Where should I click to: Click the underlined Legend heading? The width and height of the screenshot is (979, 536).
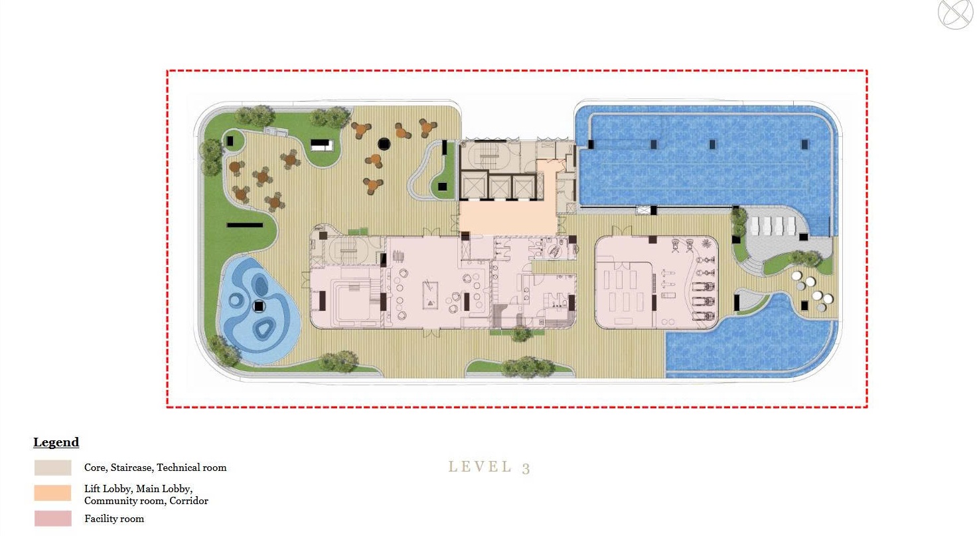pos(56,442)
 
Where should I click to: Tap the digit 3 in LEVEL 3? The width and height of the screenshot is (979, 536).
pos(526,468)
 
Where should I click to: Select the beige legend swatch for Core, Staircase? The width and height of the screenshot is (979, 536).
pos(53,468)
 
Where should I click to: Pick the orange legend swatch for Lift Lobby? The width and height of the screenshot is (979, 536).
pos(53,493)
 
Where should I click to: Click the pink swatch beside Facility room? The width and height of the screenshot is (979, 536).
pos(53,519)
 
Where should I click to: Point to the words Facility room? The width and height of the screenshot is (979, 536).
pos(114,519)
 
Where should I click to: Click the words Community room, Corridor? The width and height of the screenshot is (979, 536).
pos(146,501)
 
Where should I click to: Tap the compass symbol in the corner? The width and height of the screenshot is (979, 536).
pos(955,14)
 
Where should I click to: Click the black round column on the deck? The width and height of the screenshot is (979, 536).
pos(384,143)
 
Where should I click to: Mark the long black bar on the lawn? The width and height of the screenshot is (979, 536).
pos(245,225)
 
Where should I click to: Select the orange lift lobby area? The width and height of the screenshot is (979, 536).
pos(508,218)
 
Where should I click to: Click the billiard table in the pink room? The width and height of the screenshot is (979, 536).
pos(431,296)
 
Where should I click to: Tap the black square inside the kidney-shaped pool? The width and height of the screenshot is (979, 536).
pos(259,306)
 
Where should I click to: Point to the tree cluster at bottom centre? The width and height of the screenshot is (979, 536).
pos(528,367)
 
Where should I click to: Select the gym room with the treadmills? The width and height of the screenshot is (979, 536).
pos(656,282)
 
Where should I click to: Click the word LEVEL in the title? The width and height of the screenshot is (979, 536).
pos(480,467)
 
